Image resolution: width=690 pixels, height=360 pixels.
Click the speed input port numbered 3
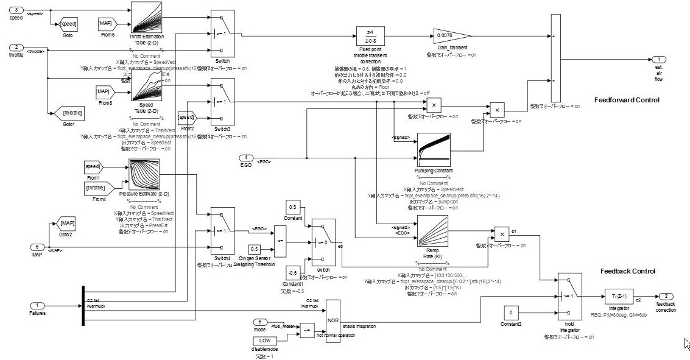point(18,10)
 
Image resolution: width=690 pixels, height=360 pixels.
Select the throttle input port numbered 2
point(18,48)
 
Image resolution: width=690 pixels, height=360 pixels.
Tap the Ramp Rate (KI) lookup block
point(432,231)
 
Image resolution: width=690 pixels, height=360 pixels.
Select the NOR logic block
point(333,320)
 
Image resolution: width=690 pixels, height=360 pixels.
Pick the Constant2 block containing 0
point(512,312)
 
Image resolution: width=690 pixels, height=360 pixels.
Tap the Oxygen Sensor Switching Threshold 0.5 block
point(255,249)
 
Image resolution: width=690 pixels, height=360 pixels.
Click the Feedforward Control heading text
point(626,100)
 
